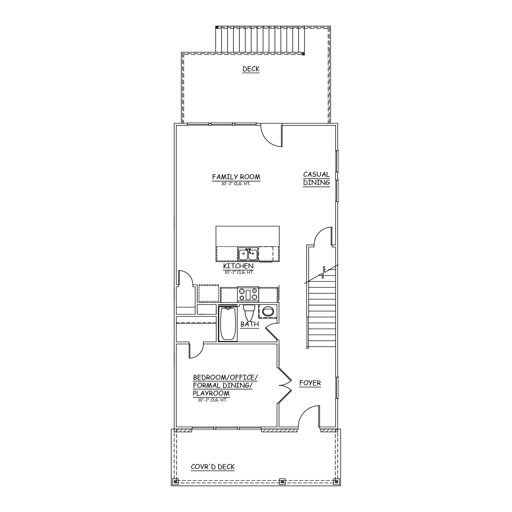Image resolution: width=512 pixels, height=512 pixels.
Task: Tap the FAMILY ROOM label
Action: tap(236, 177)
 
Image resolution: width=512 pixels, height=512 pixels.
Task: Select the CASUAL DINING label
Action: tap(316, 179)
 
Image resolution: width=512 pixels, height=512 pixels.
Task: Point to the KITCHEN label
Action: tap(238, 266)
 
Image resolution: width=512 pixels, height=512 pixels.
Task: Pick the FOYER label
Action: tap(310, 383)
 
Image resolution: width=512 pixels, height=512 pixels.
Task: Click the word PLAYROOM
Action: tap(211, 393)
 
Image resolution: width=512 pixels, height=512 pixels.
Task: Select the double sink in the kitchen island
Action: tap(248, 254)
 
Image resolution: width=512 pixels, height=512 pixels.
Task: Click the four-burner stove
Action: tap(248, 294)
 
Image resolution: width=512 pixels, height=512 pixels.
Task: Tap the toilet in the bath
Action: tap(249, 313)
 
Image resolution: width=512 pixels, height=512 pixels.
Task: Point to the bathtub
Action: tap(228, 324)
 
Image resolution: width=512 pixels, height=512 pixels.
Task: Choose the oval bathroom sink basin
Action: tap(268, 311)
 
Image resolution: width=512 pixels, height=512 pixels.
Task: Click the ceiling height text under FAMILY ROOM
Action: tap(236, 184)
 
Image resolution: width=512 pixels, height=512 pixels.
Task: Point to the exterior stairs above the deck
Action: tap(260, 40)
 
